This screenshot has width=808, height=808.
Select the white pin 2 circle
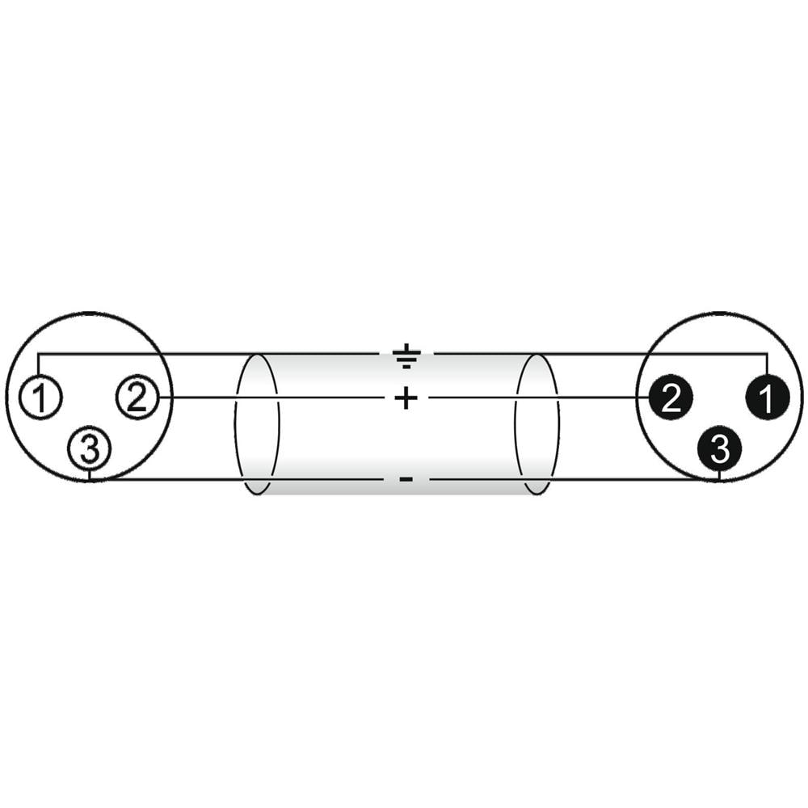pyautogui.click(x=137, y=398)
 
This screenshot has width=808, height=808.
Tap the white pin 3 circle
pyautogui.click(x=90, y=448)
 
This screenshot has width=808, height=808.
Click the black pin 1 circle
pyautogui.click(x=768, y=398)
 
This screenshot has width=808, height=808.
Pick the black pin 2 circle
pyautogui.click(x=671, y=398)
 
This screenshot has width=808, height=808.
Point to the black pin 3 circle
pyautogui.click(x=719, y=448)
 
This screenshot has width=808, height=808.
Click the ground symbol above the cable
pyautogui.click(x=406, y=356)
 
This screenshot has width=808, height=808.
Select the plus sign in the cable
pyautogui.click(x=406, y=398)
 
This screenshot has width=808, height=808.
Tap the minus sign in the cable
pyautogui.click(x=406, y=480)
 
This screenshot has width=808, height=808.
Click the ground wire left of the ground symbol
pyautogui.click(x=208, y=354)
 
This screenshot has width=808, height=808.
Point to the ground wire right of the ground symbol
pyautogui.click(x=601, y=354)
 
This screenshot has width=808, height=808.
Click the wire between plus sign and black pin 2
pyautogui.click(x=539, y=398)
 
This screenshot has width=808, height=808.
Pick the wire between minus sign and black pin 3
pyautogui.click(x=574, y=480)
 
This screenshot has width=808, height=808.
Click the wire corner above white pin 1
pyautogui.click(x=39, y=354)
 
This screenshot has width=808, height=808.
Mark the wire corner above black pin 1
pyautogui.click(x=768, y=354)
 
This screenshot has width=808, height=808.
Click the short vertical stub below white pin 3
pyautogui.click(x=90, y=474)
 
